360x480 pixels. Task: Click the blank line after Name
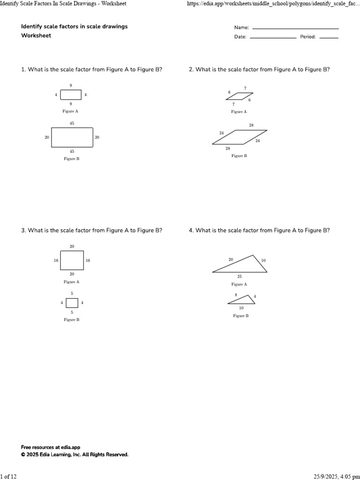click(295, 29)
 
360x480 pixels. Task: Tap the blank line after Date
click(273, 37)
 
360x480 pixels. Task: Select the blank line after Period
click(328, 37)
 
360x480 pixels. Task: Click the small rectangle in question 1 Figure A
click(71, 95)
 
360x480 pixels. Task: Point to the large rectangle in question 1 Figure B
click(72, 137)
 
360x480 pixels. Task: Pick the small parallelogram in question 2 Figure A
click(239, 97)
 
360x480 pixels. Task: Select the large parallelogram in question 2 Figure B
click(240, 137)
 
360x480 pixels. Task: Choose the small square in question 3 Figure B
click(72, 303)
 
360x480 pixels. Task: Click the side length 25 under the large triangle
click(240, 277)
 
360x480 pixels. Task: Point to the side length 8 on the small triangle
click(236, 295)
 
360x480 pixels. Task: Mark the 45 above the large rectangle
click(72, 123)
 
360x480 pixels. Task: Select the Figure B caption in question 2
click(239, 156)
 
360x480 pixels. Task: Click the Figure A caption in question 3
click(71, 282)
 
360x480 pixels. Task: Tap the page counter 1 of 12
click(8, 476)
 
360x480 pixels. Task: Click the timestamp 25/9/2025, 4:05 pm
click(334, 476)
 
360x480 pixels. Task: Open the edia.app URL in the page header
click(273, 4)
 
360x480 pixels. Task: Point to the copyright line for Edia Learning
click(75, 455)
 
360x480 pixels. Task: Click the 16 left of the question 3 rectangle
click(56, 260)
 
